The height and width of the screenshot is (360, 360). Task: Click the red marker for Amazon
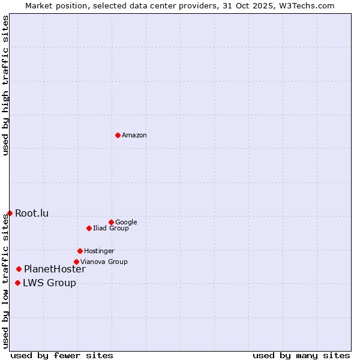tap(118, 135)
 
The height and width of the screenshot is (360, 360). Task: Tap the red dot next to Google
tap(111, 222)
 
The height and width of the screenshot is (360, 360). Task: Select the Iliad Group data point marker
tap(89, 228)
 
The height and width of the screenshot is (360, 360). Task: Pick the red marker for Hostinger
tap(80, 251)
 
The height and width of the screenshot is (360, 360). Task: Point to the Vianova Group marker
tap(76, 262)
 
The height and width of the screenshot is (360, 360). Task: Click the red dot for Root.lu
tap(10, 213)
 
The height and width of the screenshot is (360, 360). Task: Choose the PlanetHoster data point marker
tap(19, 269)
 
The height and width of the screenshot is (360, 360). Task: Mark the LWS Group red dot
tap(17, 283)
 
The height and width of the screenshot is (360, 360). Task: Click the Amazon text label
tap(134, 136)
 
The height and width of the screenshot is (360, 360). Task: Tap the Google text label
tap(126, 223)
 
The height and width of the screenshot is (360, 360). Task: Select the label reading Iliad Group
tap(111, 229)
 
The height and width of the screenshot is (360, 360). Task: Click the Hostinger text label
tap(99, 251)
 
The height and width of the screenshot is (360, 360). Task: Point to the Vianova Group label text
tap(104, 262)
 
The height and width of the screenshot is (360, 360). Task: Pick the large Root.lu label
tap(32, 213)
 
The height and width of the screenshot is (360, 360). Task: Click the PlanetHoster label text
tap(55, 269)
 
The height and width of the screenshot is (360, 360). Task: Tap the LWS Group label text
tap(49, 283)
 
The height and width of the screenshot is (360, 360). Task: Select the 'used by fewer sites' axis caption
tap(62, 355)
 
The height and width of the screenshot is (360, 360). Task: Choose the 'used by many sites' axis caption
tap(301, 355)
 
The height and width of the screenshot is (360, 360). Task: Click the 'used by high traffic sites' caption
tap(6, 86)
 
